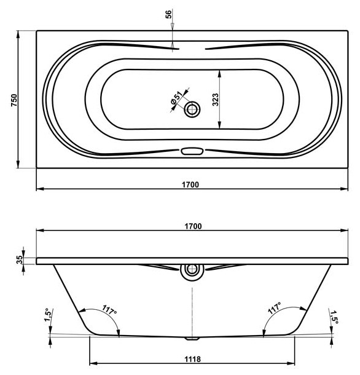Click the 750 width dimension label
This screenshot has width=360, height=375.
pos(14,100)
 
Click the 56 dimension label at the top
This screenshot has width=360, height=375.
pos(168,14)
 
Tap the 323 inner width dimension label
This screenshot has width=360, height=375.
pos(216,100)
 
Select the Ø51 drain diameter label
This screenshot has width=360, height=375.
pos(176,98)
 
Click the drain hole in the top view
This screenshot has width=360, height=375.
pos(192,109)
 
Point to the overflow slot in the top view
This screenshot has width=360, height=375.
pos(192,151)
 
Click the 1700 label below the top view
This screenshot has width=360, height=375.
pos(190,184)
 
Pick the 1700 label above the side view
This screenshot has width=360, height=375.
pos(193,226)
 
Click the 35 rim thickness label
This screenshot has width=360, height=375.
pos(20,259)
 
